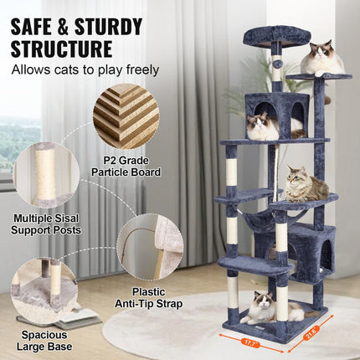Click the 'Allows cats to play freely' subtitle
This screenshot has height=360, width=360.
point(85,69)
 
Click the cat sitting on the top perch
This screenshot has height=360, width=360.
point(322,59)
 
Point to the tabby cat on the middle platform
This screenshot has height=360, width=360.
point(305,184)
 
